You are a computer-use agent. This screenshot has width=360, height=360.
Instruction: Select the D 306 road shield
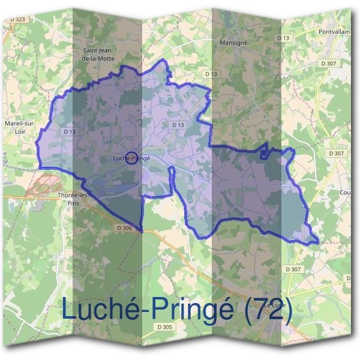tap(124, 228)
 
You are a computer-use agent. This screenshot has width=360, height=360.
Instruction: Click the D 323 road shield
tap(18, 20)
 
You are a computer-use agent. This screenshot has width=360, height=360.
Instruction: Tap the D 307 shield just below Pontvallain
tap(329, 63)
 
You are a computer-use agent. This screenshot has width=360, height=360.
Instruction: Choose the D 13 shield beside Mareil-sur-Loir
tap(68, 131)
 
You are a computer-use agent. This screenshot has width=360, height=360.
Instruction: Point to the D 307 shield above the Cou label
tap(337, 154)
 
